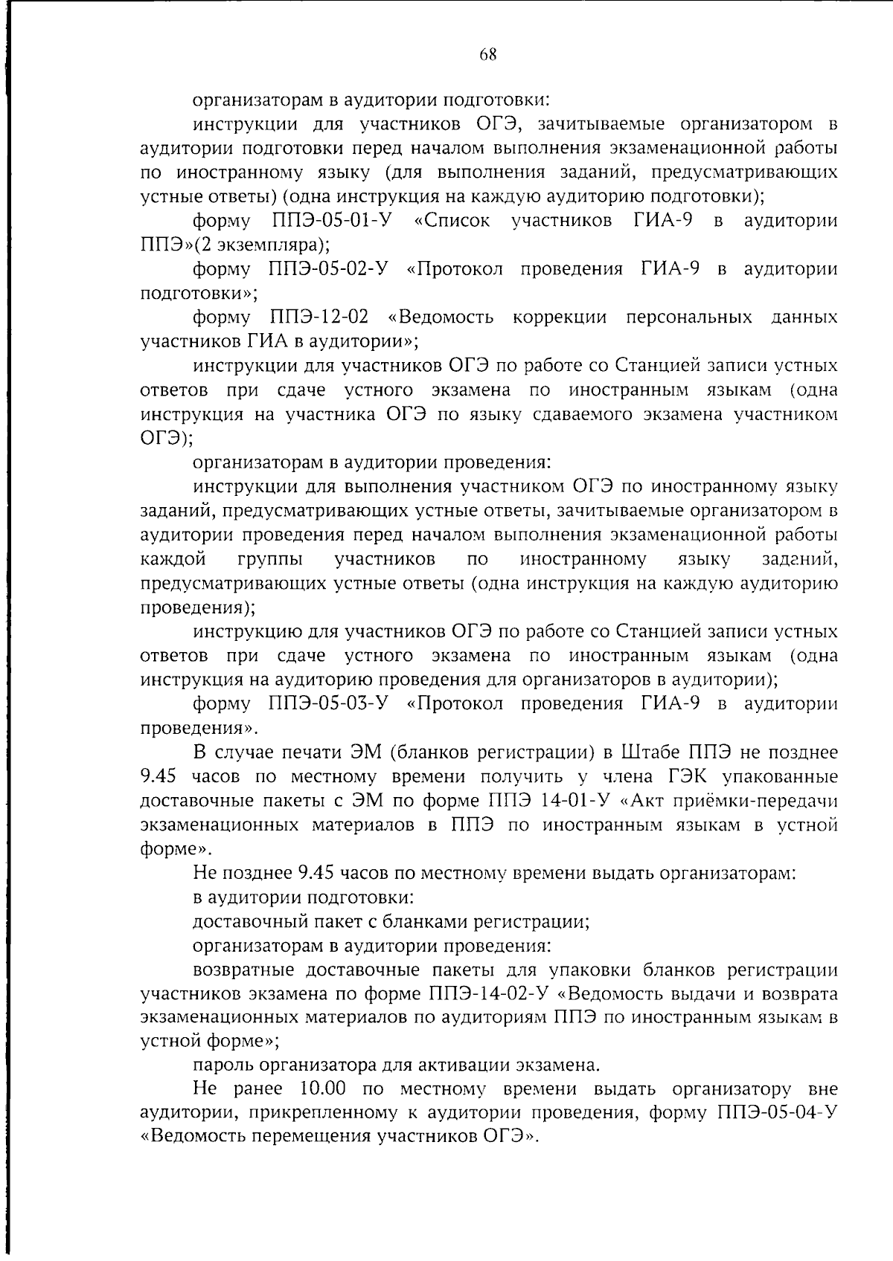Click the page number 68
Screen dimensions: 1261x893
tap(487, 54)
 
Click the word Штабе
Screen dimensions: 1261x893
tap(656, 752)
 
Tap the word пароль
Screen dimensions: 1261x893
tap(223, 1065)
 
